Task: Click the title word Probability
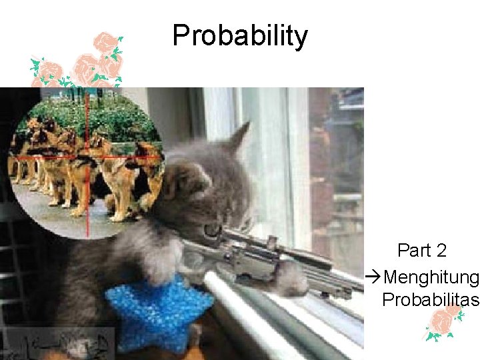240,36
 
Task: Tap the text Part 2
421,251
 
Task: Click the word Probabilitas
431,300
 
